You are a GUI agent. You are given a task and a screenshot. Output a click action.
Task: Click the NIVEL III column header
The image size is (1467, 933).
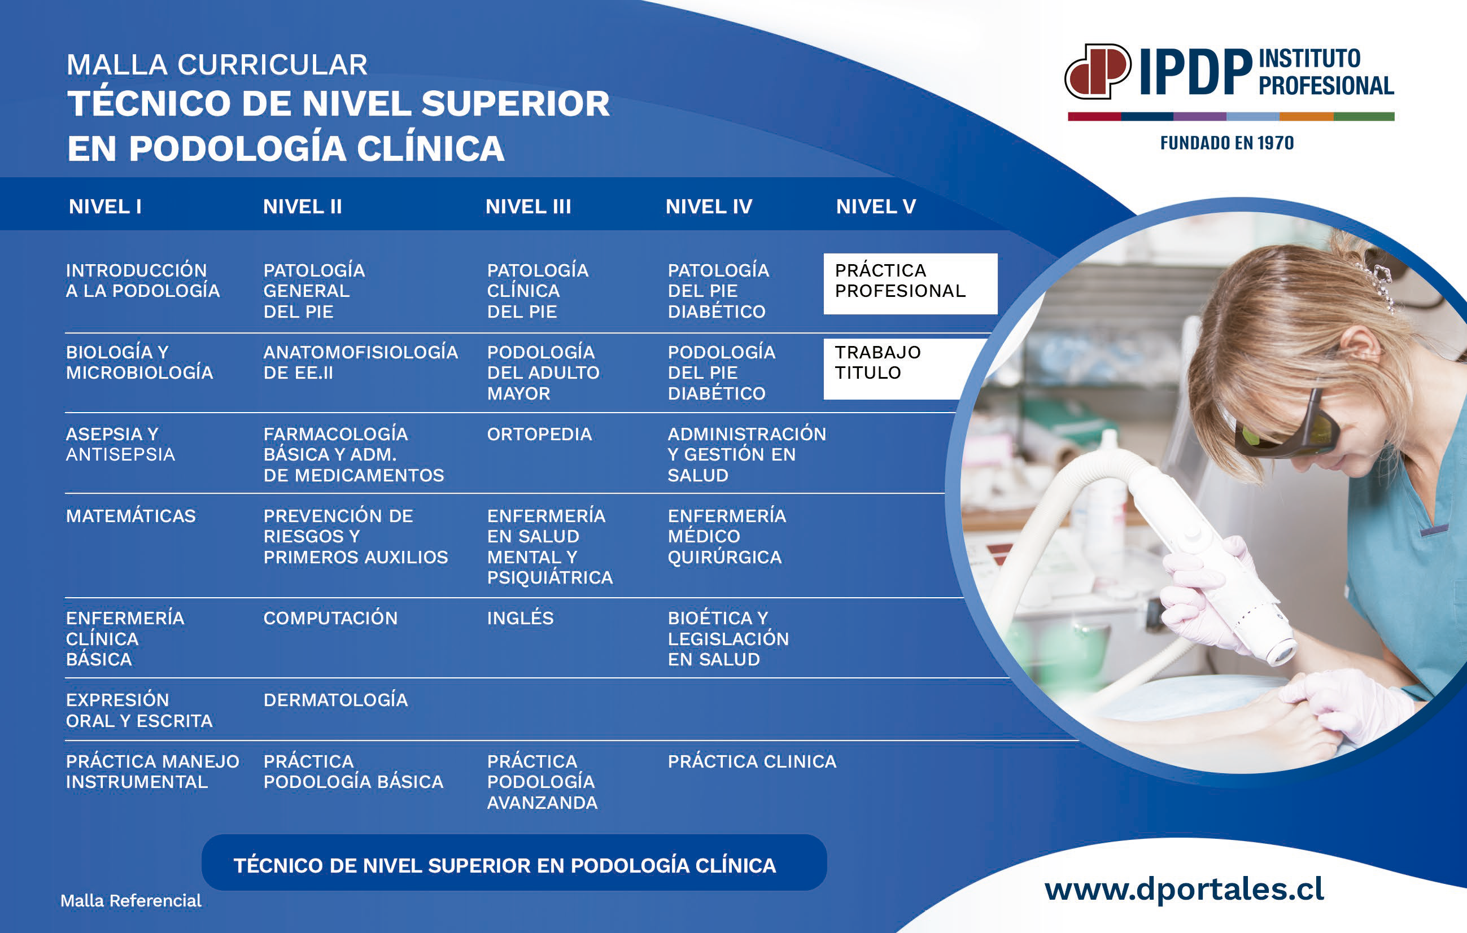[528, 207]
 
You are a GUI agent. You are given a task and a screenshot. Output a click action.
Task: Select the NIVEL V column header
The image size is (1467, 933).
[875, 207]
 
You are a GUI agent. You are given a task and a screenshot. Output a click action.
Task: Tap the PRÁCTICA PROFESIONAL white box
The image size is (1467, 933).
[910, 284]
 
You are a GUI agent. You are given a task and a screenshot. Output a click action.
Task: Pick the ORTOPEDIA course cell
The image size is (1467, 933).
[539, 434]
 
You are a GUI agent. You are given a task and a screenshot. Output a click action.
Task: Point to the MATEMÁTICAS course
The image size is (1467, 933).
[131, 516]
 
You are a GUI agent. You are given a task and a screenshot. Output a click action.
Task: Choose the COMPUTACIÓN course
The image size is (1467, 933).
[330, 618]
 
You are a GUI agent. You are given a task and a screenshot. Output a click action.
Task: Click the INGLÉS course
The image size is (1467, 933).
[520, 618]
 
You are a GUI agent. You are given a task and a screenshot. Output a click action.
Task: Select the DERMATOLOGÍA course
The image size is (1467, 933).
[335, 700]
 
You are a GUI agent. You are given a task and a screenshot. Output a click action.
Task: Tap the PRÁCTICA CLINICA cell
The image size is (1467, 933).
[752, 761]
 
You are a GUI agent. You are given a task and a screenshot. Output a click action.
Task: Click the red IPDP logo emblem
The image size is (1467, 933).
[1097, 71]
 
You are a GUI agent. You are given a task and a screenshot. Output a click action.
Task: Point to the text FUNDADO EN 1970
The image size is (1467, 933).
[1226, 143]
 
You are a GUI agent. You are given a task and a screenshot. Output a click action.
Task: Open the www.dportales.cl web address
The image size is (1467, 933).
[1184, 889]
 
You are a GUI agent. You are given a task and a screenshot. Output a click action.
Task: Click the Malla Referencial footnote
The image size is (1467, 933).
[130, 901]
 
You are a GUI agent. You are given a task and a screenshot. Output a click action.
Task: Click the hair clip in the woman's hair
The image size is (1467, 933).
[1378, 285]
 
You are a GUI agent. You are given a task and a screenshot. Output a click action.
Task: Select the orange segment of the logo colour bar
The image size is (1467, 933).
[1306, 116]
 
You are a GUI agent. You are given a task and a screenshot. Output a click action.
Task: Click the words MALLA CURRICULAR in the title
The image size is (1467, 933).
[217, 64]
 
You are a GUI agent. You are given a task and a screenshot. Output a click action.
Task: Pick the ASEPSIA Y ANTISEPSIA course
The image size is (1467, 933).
[121, 444]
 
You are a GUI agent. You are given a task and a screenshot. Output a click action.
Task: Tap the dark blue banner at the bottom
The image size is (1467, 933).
[514, 863]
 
